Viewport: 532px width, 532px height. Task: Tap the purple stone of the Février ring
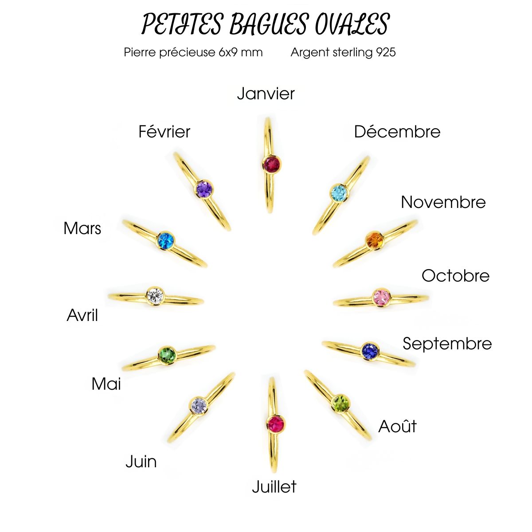click(x=204, y=189)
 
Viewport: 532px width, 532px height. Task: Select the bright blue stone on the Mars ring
click(x=166, y=241)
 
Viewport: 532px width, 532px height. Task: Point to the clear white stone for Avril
click(x=155, y=295)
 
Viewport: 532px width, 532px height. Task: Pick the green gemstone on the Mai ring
click(x=167, y=355)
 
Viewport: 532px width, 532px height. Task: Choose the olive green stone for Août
click(x=340, y=403)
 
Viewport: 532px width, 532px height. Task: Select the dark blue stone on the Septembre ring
click(x=370, y=352)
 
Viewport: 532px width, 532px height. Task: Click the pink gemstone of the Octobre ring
click(x=381, y=297)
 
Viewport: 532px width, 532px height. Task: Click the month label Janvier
click(x=266, y=94)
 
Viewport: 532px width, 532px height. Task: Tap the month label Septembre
click(x=447, y=344)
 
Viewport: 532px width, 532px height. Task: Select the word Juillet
click(x=274, y=487)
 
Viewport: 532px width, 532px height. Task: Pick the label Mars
click(x=82, y=228)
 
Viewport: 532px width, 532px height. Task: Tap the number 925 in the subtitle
click(x=386, y=52)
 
